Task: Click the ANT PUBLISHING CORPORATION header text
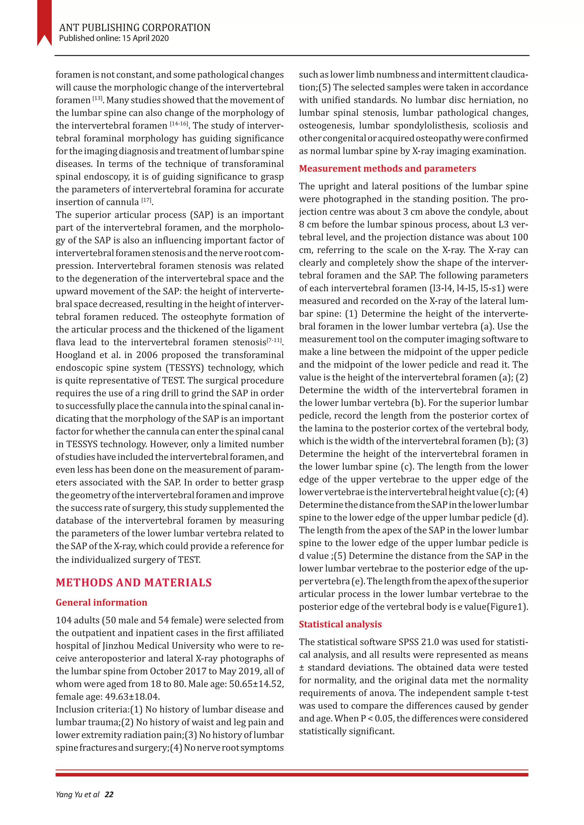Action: [135, 28]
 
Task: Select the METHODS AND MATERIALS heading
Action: [134, 583]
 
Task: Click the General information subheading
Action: [102, 603]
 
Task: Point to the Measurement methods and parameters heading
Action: [387, 169]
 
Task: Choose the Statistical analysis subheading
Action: [340, 624]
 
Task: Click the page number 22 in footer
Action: [109, 795]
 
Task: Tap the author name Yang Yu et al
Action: [77, 795]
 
